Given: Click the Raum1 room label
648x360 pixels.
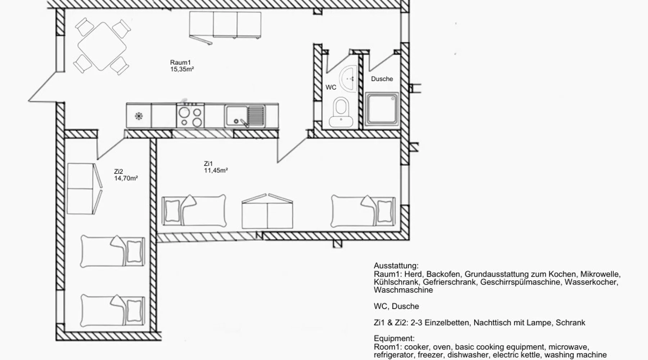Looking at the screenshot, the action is [x=180, y=63].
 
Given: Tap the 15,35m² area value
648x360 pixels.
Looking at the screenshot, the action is [x=182, y=69].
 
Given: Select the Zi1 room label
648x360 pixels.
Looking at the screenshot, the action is [x=208, y=164].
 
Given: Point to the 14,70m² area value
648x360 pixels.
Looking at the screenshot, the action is [x=126, y=178].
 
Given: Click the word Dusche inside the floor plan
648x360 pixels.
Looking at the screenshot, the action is [x=382, y=79].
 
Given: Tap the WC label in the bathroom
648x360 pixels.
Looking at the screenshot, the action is [x=331, y=87].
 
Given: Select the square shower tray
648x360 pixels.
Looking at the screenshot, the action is [x=382, y=110].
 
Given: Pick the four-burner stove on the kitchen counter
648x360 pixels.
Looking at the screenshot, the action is [x=190, y=116].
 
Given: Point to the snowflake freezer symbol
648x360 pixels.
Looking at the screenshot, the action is [x=139, y=116].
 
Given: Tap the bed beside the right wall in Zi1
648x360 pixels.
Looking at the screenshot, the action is [x=363, y=211].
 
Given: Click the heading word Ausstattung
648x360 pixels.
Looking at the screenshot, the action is [x=396, y=266].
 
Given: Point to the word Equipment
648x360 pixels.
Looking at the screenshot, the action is [x=394, y=339].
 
